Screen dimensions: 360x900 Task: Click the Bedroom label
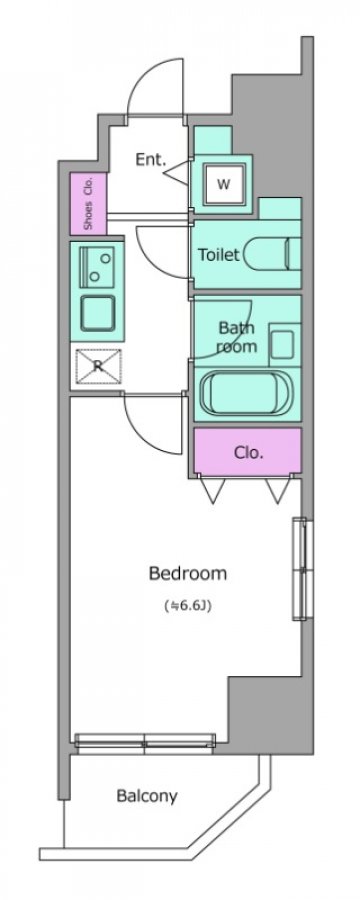pyautogui.click(x=188, y=573)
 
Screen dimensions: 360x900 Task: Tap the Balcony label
pyautogui.click(x=146, y=796)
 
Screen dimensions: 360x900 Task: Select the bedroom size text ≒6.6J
pyautogui.click(x=188, y=605)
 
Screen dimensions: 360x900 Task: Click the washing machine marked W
pyautogui.click(x=223, y=184)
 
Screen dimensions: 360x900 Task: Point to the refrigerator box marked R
pyautogui.click(x=98, y=366)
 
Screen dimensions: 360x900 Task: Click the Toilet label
pyautogui.click(x=218, y=254)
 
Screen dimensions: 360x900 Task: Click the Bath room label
pyautogui.click(x=237, y=337)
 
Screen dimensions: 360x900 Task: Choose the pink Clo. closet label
pyautogui.click(x=248, y=453)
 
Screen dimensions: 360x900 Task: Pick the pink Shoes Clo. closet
pyautogui.click(x=88, y=203)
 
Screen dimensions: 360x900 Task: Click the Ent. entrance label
pyautogui.click(x=150, y=159)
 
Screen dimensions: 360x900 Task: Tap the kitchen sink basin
pyautogui.click(x=97, y=312)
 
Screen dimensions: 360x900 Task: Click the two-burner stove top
pyautogui.click(x=98, y=266)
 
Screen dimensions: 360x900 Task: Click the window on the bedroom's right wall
pyautogui.click(x=302, y=568)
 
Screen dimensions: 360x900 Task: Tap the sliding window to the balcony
pyautogui.click(x=145, y=742)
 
